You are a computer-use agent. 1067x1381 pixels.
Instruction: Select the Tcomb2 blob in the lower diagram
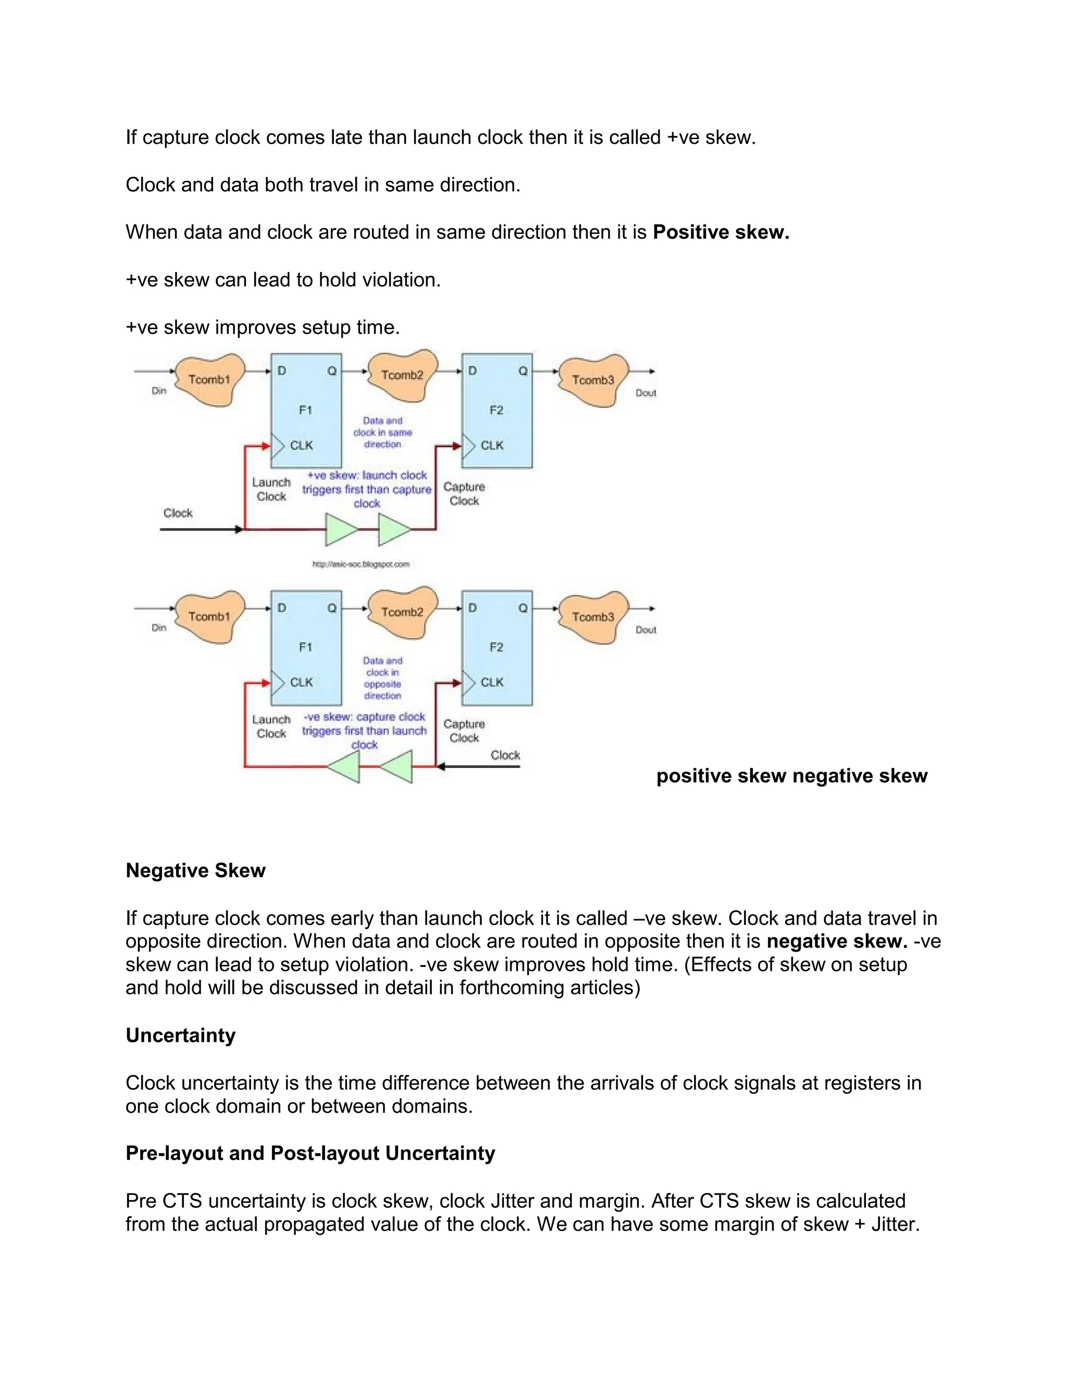click(x=402, y=612)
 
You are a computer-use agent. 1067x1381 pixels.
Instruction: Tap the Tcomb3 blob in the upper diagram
click(x=592, y=380)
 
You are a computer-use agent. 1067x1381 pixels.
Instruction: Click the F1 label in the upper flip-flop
click(x=305, y=410)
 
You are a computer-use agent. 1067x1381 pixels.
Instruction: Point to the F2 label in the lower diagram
click(x=496, y=647)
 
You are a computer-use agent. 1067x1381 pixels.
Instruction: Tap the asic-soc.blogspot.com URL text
click(x=361, y=564)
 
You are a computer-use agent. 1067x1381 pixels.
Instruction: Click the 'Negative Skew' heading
click(x=195, y=871)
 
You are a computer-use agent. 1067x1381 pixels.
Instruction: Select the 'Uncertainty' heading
click(x=180, y=1035)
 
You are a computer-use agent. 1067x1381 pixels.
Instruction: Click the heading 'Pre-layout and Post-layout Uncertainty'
click(x=310, y=1153)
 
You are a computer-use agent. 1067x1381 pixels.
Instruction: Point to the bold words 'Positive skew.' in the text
click(x=721, y=232)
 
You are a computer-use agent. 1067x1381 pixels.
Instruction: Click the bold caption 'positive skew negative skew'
click(x=791, y=776)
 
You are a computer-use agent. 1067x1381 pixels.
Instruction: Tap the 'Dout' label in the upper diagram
click(x=646, y=393)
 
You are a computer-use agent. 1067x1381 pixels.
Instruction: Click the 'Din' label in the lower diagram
click(x=159, y=628)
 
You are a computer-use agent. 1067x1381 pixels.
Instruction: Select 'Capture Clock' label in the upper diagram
click(x=464, y=494)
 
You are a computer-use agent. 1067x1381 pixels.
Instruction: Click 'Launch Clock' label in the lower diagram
click(x=271, y=726)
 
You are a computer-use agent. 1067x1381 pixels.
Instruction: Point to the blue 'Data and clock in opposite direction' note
click(x=382, y=678)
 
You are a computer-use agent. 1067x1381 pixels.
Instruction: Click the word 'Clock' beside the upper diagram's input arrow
click(x=178, y=513)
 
